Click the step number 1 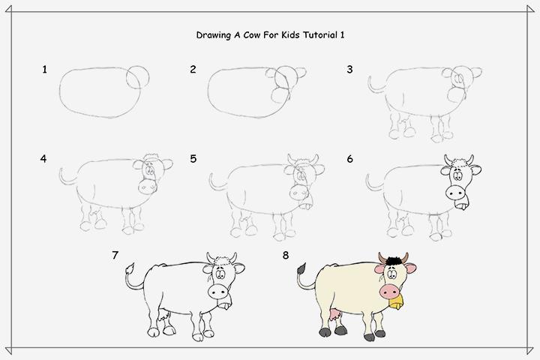pyautogui.click(x=45, y=70)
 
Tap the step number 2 pyautogui.click(x=193, y=70)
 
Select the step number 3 pyautogui.click(x=349, y=70)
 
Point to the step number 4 pyautogui.click(x=44, y=159)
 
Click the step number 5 pyautogui.click(x=193, y=159)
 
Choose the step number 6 pyautogui.click(x=349, y=159)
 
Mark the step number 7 pyautogui.click(x=115, y=255)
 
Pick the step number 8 pyautogui.click(x=286, y=255)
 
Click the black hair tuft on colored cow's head pyautogui.click(x=389, y=260)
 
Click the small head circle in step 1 pyautogui.click(x=137, y=75)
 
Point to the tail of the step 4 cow pyautogui.click(x=66, y=178)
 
